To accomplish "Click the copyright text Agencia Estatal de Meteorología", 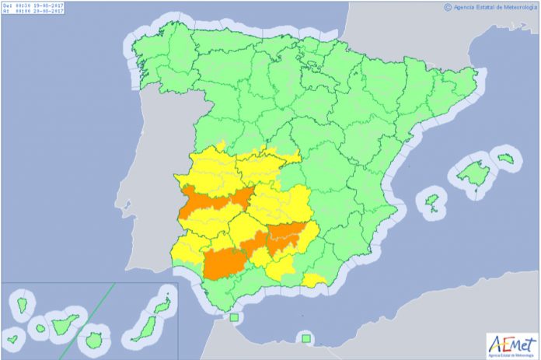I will point(489,7).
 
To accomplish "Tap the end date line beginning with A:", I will point(34,12).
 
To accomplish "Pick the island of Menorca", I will point(506,159).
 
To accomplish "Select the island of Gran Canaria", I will point(95,339).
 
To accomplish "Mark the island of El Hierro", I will point(13,340).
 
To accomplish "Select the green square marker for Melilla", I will point(306,338).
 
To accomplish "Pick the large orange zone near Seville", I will point(225,262).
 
